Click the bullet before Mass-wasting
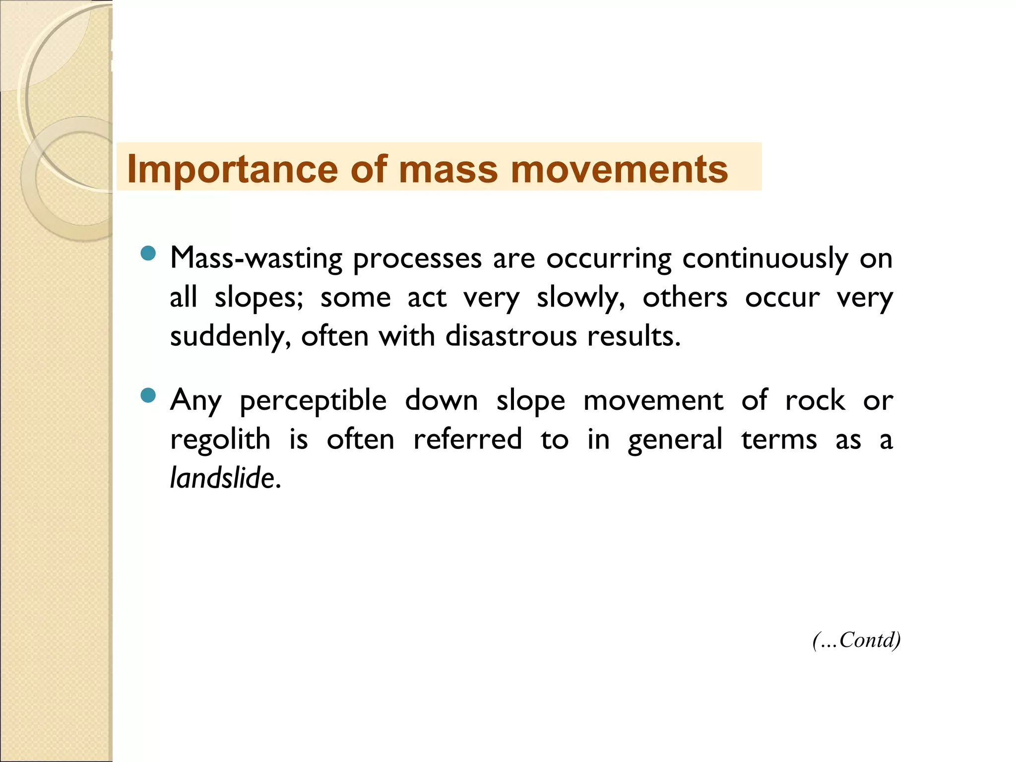148,254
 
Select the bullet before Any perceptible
148,396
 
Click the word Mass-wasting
256,258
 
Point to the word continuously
765,258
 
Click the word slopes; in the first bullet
258,298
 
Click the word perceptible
313,401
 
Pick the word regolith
220,440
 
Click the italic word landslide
222,478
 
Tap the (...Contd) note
856,640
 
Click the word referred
467,440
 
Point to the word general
675,440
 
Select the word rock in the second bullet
815,400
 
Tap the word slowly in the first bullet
580,298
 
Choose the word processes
417,258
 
